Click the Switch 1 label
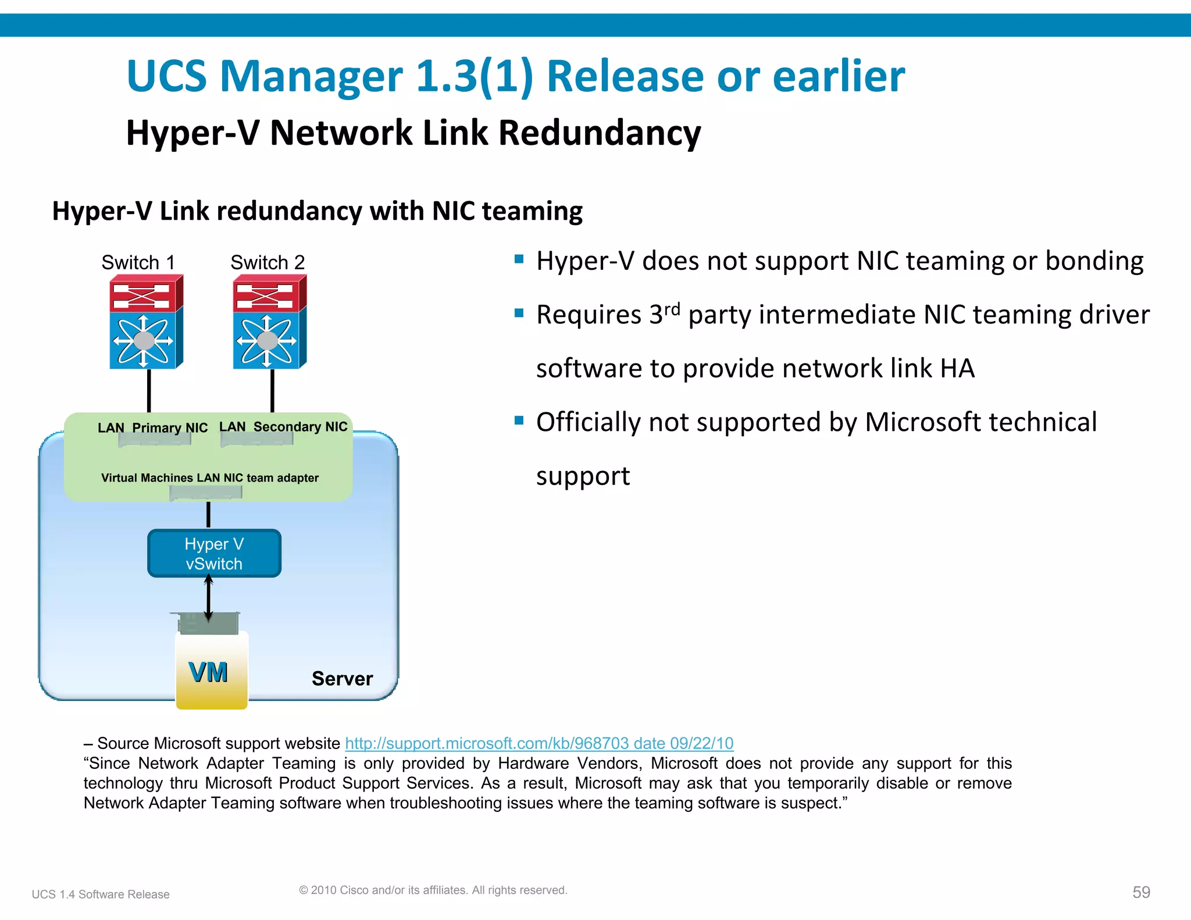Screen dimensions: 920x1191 point(138,262)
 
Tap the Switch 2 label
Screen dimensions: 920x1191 point(268,262)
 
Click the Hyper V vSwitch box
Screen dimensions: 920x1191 point(214,553)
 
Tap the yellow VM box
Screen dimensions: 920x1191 point(211,672)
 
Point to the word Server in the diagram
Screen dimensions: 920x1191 point(342,679)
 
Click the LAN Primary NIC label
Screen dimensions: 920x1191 point(152,428)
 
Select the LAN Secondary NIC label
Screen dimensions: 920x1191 point(283,427)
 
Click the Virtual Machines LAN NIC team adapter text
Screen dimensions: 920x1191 point(209,478)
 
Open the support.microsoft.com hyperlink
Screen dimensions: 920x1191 point(539,743)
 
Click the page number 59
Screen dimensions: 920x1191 point(1141,892)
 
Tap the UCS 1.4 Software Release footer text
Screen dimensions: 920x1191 point(101,894)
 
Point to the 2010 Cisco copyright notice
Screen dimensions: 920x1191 point(433,890)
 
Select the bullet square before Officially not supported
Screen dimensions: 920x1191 point(519,420)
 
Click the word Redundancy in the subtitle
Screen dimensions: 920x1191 point(600,133)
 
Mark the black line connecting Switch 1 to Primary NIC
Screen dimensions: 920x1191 point(149,390)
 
